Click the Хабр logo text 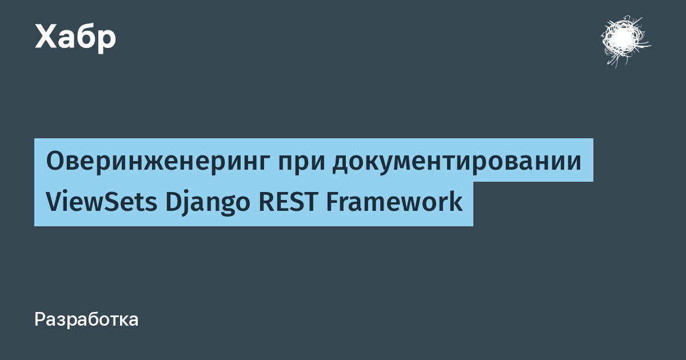75,37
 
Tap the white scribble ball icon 625,41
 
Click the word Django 208,203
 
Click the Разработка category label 86,319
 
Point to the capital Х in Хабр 46,37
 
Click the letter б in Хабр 82,37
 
